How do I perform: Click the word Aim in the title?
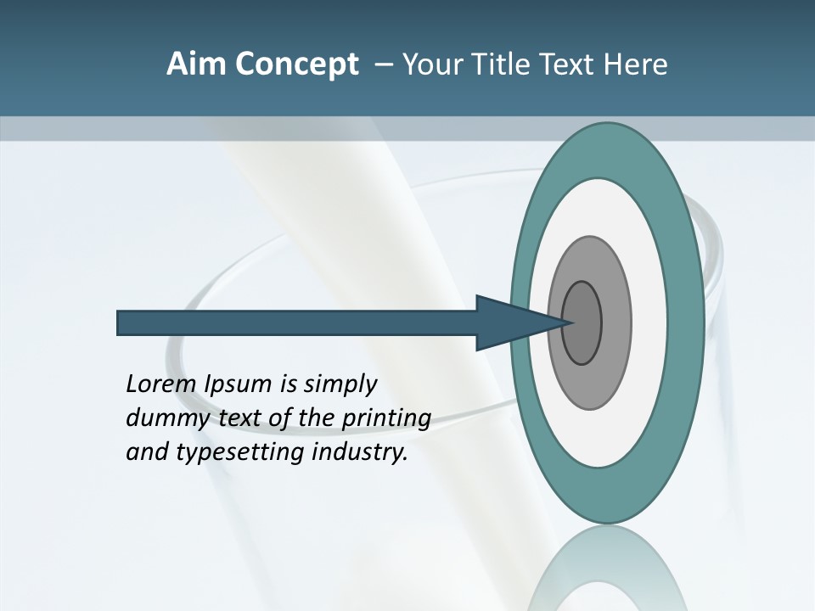point(198,64)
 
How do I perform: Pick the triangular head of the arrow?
point(509,322)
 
